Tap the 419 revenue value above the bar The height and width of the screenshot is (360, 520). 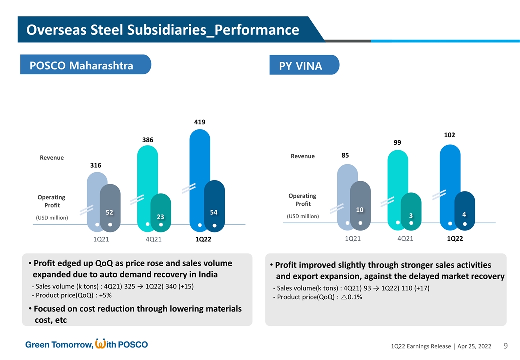pos(200,121)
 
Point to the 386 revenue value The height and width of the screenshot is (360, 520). pos(147,140)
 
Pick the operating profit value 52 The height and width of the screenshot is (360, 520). pos(110,212)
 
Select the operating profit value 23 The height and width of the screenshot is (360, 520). pos(161,217)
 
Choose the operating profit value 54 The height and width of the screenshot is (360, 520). pos(214,212)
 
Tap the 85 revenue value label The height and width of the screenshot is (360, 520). pos(345,156)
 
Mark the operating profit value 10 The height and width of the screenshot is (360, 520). pos(359,210)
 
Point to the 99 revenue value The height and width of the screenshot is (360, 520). pos(397,143)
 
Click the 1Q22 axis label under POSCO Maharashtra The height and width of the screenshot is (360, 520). pos(203,239)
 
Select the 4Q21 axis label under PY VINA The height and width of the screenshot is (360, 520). pos(405,238)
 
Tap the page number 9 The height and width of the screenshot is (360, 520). pos(506,346)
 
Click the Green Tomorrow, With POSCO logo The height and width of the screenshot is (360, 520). pos(87,344)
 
